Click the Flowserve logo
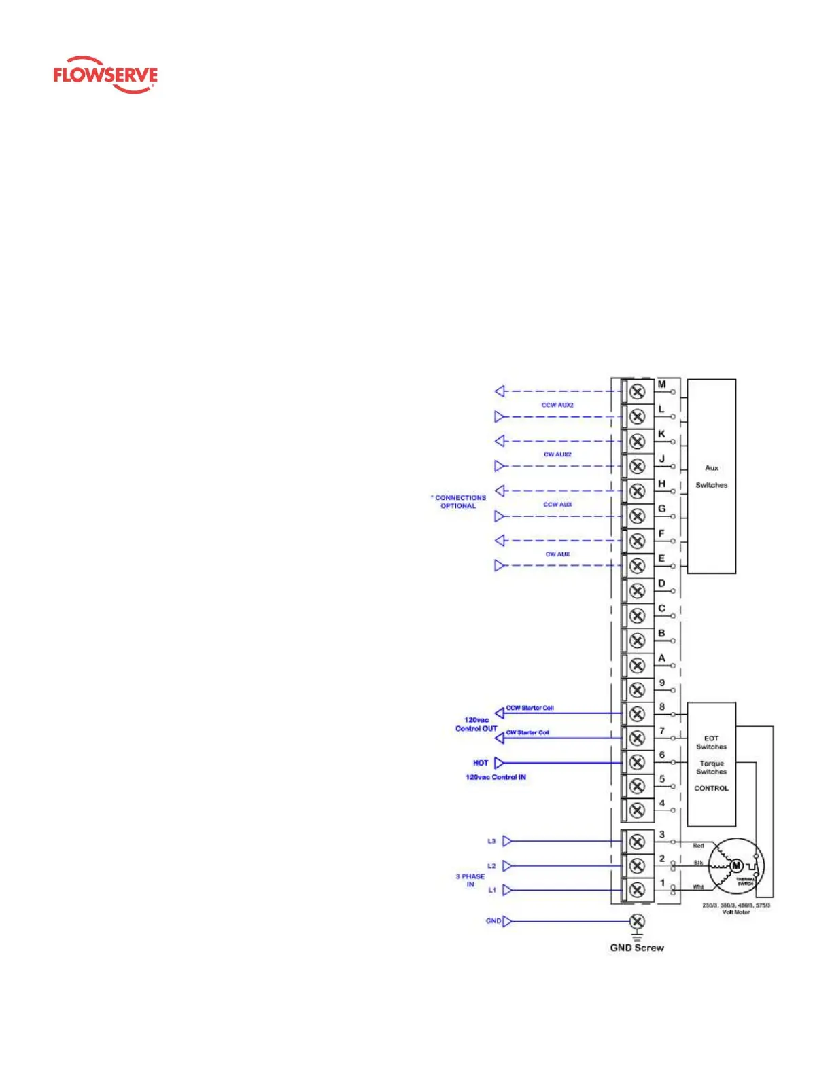(x=105, y=75)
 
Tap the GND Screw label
(x=637, y=948)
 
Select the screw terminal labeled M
(x=637, y=391)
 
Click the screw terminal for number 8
(x=637, y=714)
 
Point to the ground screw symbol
(x=637, y=921)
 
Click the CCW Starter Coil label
(x=530, y=708)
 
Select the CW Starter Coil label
(x=527, y=732)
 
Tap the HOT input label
(x=481, y=763)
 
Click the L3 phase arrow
(x=507, y=841)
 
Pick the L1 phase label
(x=492, y=890)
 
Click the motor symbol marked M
(x=736, y=865)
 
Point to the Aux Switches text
(x=711, y=476)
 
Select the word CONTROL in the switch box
(x=711, y=788)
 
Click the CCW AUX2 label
(x=557, y=405)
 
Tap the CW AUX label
(x=557, y=554)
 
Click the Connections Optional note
(x=460, y=501)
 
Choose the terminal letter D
(x=661, y=584)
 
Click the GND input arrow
(x=507, y=921)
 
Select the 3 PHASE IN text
(x=470, y=880)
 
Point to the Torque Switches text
(x=711, y=768)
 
